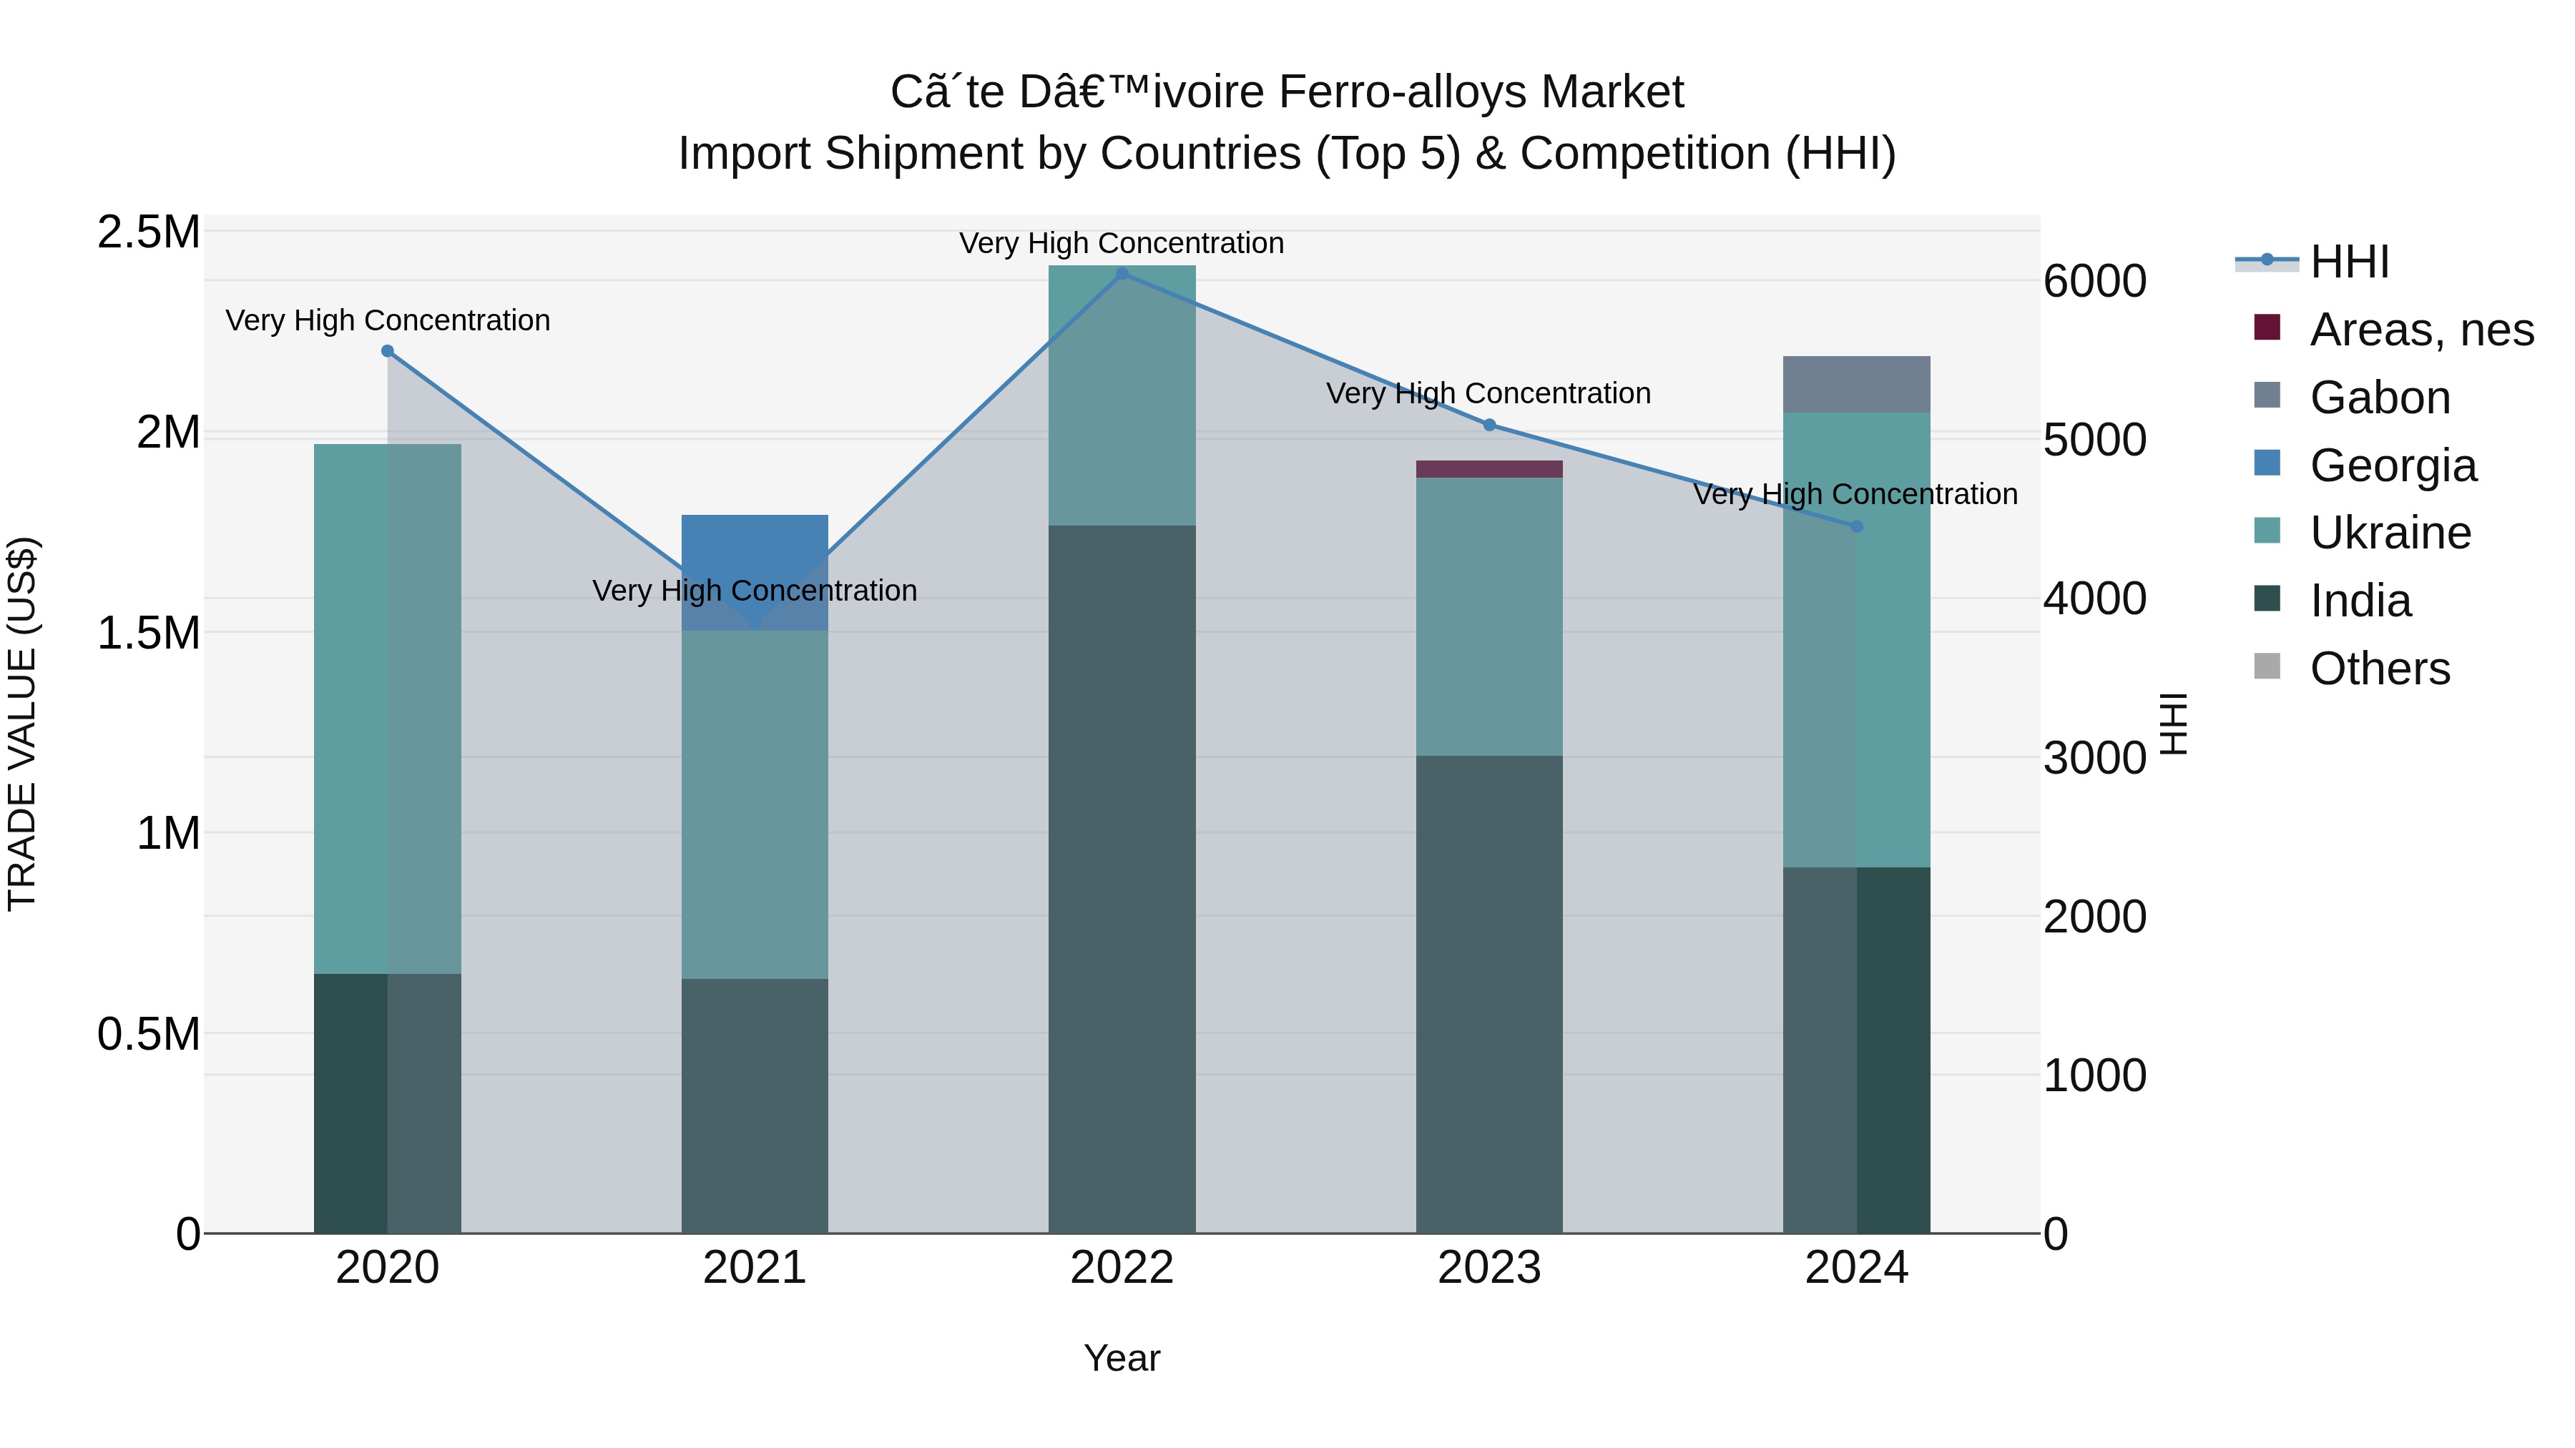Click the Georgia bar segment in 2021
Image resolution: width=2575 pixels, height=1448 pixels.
pos(755,560)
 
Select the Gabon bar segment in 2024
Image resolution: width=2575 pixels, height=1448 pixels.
pos(1856,385)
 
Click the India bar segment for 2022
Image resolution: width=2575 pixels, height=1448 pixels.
pos(1122,880)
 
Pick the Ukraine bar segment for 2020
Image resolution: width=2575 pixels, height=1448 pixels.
pos(388,709)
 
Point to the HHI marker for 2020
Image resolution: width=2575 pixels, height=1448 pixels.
pos(388,351)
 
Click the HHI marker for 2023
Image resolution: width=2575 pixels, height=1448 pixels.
pos(1488,425)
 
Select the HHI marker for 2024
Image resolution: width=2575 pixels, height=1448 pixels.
pos(1856,526)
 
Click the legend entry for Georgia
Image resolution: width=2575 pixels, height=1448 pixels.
pos(2393,466)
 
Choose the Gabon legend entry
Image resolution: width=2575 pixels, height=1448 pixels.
pos(2379,398)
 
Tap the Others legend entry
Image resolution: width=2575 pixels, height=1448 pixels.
pos(2379,669)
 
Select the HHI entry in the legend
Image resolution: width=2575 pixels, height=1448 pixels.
pos(2349,262)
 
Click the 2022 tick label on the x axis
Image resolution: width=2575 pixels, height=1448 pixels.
pos(1122,1268)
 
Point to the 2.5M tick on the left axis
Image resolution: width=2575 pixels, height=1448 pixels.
pos(148,232)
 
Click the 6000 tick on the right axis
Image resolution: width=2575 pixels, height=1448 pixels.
pos(2094,281)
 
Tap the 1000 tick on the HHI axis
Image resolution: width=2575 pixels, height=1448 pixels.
pos(2094,1076)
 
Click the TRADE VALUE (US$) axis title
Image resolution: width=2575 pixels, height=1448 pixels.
pos(22,724)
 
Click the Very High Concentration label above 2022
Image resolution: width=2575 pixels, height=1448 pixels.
pos(1122,243)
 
